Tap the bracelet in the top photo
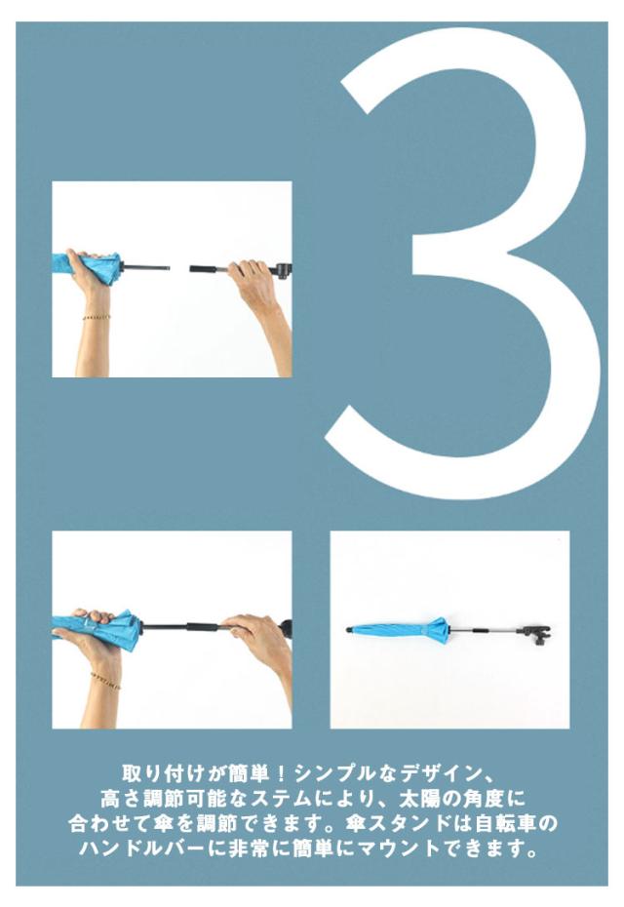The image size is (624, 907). point(96,317)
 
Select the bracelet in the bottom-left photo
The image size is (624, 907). point(106,681)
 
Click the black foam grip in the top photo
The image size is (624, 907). point(204,269)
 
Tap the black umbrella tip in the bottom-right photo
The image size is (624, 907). point(349,629)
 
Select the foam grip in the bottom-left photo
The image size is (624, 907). point(203,627)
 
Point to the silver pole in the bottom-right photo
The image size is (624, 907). point(486,630)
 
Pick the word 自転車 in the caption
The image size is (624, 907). point(507,824)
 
